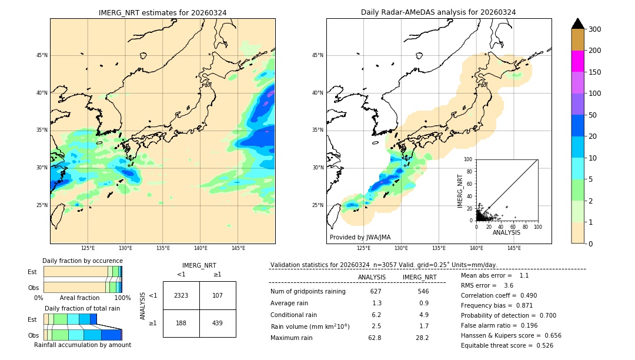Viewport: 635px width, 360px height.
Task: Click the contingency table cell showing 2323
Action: (x=181, y=295)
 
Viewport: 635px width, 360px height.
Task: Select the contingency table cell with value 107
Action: (x=218, y=295)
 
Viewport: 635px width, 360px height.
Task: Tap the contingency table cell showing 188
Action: (x=181, y=323)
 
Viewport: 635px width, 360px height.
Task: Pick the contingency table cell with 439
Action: (x=218, y=323)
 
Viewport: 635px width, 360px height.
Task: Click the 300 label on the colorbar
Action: (x=595, y=29)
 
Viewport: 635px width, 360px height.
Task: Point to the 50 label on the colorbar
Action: (x=593, y=115)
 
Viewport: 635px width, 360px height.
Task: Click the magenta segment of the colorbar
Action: (x=578, y=61)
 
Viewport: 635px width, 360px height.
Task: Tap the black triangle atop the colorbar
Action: (x=578, y=24)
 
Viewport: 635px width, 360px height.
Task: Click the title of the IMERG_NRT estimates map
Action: (x=162, y=12)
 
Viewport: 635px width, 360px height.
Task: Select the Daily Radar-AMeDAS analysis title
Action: (x=439, y=12)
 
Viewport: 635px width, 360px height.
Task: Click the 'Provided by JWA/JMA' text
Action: (x=360, y=237)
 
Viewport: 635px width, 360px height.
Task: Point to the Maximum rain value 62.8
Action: (x=375, y=338)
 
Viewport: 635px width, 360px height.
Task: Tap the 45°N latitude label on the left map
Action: (x=42, y=55)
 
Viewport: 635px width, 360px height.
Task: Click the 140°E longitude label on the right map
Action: (x=477, y=248)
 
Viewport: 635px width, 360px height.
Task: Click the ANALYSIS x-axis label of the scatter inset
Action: (x=506, y=232)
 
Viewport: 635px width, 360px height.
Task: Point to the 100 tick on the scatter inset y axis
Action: (x=469, y=159)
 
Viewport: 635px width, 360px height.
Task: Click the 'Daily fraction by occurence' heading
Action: (x=82, y=261)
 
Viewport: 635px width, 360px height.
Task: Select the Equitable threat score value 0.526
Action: (x=543, y=345)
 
